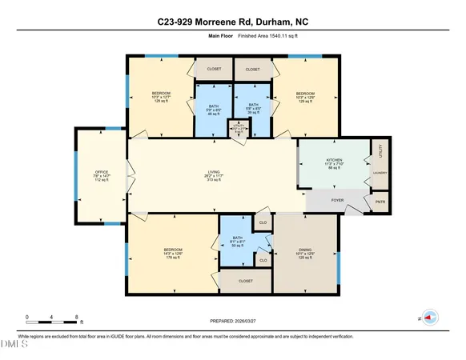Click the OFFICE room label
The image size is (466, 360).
101,172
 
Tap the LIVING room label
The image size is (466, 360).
211,172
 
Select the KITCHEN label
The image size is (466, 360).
335,161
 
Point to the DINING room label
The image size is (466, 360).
304,250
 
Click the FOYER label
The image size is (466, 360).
338,201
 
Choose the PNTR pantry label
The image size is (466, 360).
380,202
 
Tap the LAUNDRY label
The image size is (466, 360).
380,173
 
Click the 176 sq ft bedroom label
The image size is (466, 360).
173,250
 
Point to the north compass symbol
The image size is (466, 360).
428,318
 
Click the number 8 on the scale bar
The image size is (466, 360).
74,317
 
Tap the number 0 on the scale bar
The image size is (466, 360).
26,317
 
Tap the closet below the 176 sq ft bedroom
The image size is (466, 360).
245,282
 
